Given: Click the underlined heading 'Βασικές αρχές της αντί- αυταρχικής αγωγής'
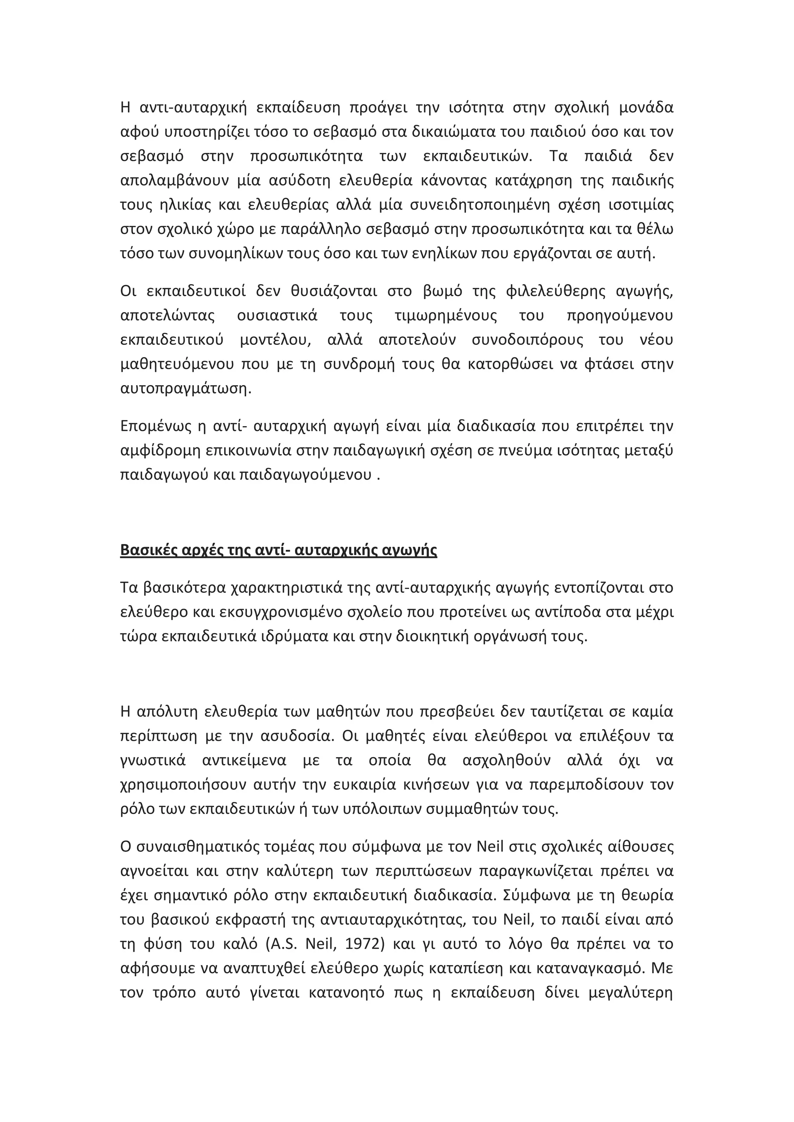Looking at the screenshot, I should click(x=278, y=550).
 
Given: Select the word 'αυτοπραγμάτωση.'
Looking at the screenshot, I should click(x=186, y=389).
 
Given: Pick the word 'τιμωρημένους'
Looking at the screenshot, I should click(x=445, y=315).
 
